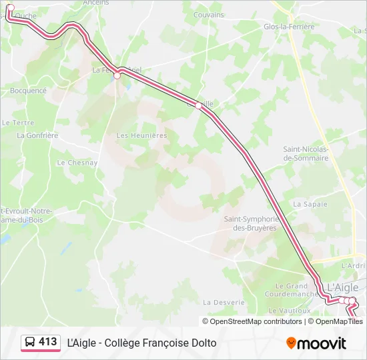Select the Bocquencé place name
point(29,91)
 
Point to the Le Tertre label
point(18,123)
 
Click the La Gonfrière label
point(38,135)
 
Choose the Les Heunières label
point(141,135)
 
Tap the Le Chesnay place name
point(77,163)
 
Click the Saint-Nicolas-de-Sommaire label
point(306,154)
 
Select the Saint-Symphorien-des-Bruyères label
point(250,223)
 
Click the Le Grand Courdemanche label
point(290,290)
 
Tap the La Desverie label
point(224,302)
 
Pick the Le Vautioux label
point(290,311)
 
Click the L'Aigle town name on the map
point(342,287)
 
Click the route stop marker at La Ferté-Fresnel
point(117,75)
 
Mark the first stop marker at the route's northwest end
point(10,8)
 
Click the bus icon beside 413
point(30,343)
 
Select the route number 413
point(48,342)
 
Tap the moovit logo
point(316,343)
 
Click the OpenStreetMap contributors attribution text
point(256,321)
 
